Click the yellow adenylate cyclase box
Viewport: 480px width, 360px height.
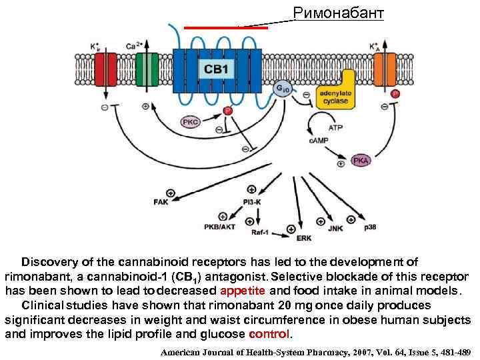pyautogui.click(x=335, y=97)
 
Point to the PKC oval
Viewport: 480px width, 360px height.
pyautogui.click(x=190, y=122)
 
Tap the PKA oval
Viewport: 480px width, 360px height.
pyautogui.click(x=361, y=161)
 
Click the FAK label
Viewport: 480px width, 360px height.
pyautogui.click(x=161, y=202)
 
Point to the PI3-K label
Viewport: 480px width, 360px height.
pyautogui.click(x=252, y=201)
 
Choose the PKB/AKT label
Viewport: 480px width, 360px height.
pyautogui.click(x=220, y=227)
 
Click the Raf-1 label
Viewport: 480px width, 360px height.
pyautogui.click(x=261, y=232)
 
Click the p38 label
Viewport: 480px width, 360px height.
pyautogui.click(x=370, y=227)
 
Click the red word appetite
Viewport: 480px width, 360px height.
pyautogui.click(x=242, y=291)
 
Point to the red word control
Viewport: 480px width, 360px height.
pyautogui.click(x=269, y=333)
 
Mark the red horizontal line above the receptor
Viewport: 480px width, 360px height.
pyautogui.click(x=225, y=28)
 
